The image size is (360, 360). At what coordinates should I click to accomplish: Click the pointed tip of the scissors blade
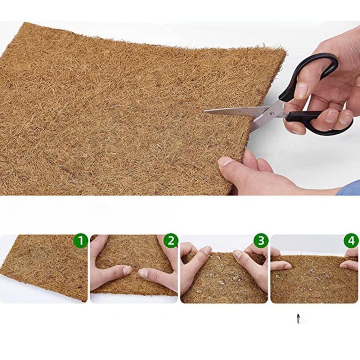[x=205, y=112]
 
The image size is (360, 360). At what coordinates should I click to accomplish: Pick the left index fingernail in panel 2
[x=127, y=270]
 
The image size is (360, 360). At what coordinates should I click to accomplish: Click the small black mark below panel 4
[x=298, y=317]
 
